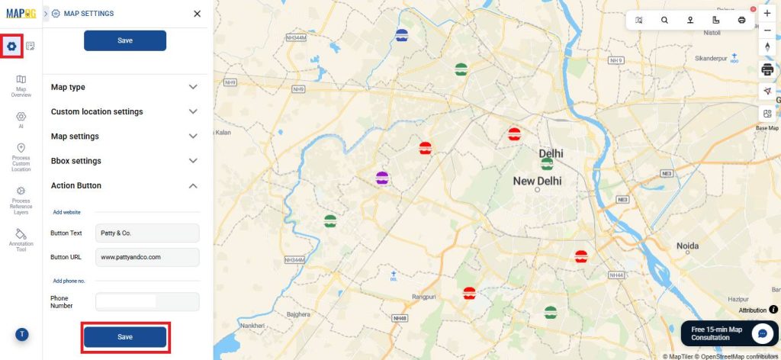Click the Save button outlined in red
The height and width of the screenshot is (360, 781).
(125, 337)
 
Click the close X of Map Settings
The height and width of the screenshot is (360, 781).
(198, 14)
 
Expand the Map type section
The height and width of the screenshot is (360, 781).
(124, 87)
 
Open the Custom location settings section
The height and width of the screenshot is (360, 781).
(124, 111)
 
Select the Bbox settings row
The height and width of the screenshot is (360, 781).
(124, 161)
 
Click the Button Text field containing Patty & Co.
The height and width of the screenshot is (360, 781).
(147, 233)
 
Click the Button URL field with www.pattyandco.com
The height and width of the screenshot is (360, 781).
(147, 257)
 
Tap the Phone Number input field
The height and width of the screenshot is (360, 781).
(147, 302)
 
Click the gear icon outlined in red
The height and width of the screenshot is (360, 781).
(11, 47)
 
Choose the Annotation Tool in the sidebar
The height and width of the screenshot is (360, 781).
(21, 239)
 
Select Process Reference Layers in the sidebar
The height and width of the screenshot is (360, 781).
(21, 199)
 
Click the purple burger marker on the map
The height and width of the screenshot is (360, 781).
(382, 178)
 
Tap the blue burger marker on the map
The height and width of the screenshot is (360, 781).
(402, 34)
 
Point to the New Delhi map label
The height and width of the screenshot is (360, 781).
(537, 182)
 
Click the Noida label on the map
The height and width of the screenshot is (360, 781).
(687, 246)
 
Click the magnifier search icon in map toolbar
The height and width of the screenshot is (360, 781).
(664, 21)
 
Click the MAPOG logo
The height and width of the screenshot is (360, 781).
(21, 14)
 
